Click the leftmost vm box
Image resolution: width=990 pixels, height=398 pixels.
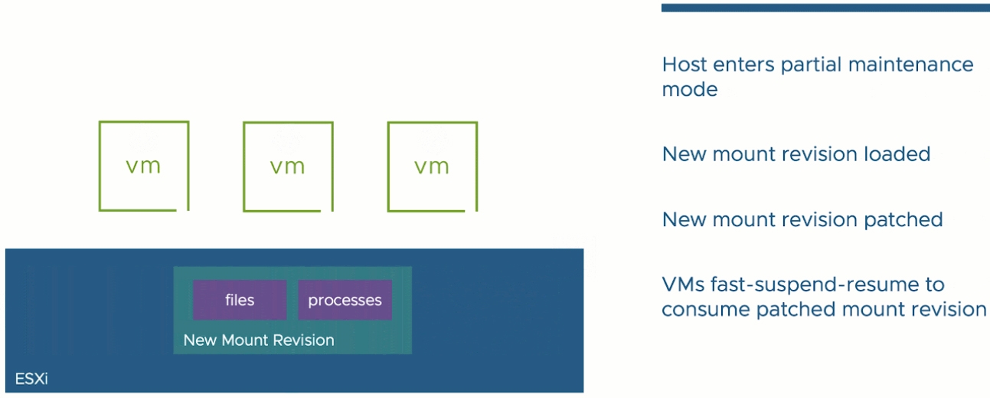[100, 166]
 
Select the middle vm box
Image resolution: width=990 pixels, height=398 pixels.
[244, 166]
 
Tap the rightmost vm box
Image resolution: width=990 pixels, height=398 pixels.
[388, 166]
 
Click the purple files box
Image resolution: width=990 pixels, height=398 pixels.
[240, 300]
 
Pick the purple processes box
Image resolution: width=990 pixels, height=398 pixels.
[345, 300]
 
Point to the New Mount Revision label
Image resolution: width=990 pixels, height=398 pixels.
[259, 340]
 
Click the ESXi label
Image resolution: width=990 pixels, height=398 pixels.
[31, 379]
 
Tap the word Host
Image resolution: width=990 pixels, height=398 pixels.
[685, 64]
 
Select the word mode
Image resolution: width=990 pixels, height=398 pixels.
[689, 90]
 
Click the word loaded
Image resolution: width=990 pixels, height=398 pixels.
[897, 154]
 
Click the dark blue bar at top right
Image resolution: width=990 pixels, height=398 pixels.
[825, 8]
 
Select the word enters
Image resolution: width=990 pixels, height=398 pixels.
[743, 65]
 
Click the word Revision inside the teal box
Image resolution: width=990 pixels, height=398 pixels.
[304, 340]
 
